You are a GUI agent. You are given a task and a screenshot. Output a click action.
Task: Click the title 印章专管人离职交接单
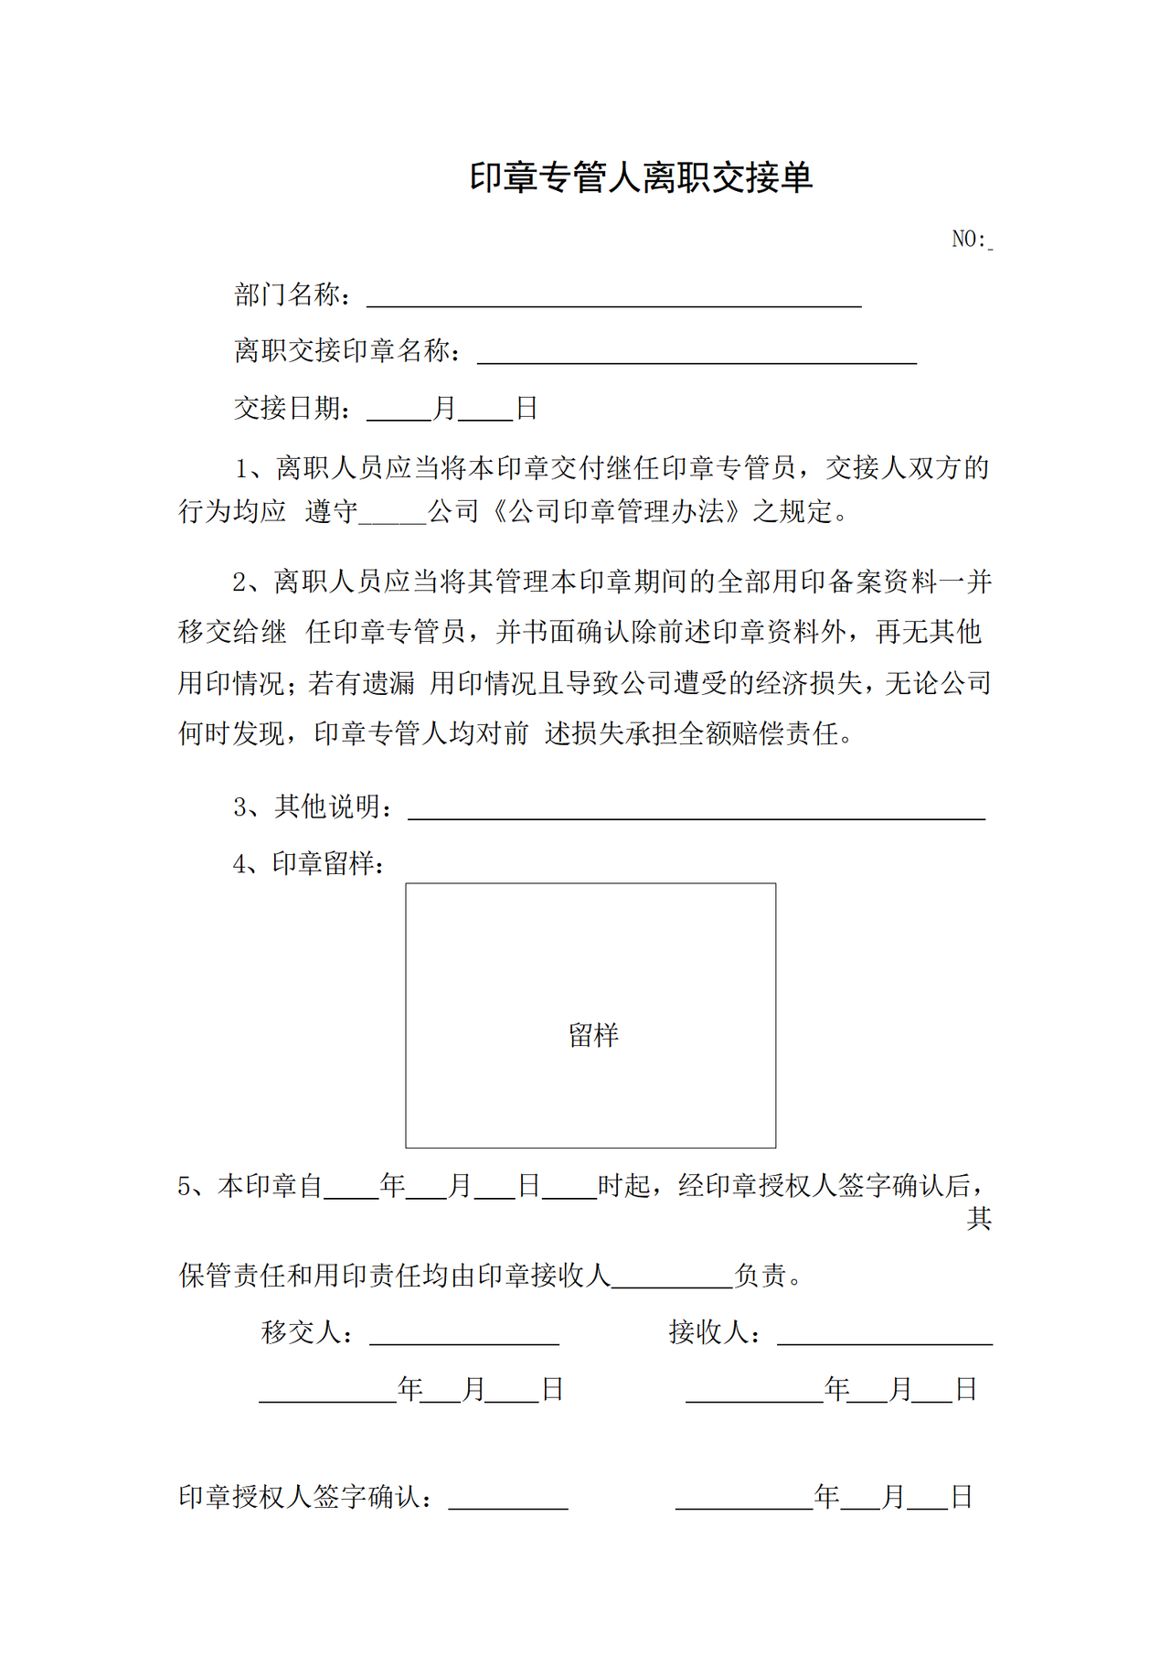coord(641,177)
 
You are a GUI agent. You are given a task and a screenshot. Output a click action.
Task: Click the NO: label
coord(968,240)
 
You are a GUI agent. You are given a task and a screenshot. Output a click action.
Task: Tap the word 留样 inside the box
coord(593,1035)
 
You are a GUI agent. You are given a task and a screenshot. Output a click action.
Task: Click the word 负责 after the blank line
coord(760,1276)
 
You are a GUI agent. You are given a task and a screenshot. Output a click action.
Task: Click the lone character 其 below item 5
coord(979,1219)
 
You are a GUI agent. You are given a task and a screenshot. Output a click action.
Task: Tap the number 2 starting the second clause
coord(239,582)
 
